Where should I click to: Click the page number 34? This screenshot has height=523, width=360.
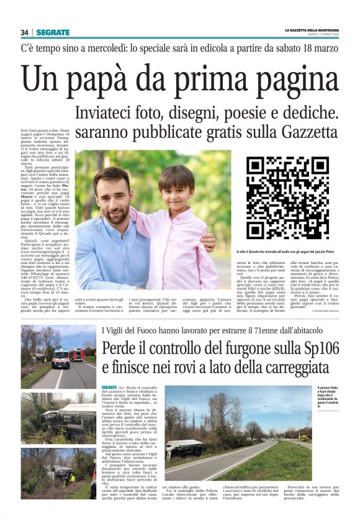point(25,32)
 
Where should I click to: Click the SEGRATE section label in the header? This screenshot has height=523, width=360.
point(53,32)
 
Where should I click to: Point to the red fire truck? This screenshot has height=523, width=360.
point(77,355)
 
